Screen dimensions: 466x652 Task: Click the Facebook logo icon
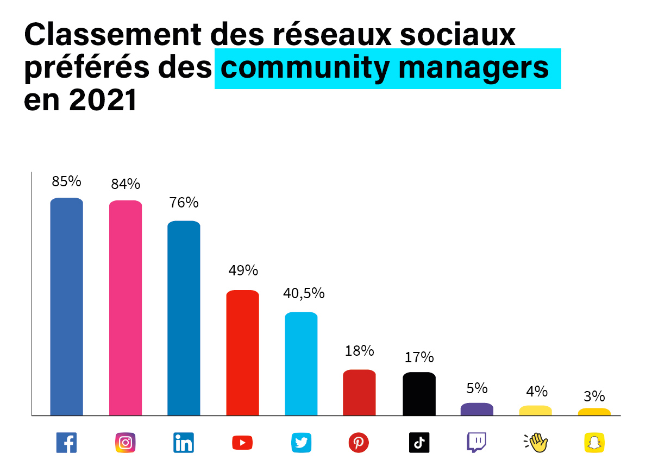click(x=66, y=443)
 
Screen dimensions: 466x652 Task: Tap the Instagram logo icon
click(x=126, y=443)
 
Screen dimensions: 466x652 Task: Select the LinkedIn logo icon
click(x=184, y=443)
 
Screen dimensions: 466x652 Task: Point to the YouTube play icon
click(x=242, y=443)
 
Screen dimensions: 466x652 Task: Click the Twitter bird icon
click(x=301, y=443)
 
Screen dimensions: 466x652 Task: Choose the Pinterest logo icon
click(x=359, y=443)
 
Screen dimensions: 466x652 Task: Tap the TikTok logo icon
click(x=419, y=443)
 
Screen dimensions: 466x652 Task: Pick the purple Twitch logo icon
click(x=477, y=443)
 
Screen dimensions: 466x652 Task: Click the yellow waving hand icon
click(x=535, y=443)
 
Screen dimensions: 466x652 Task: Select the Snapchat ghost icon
click(x=594, y=443)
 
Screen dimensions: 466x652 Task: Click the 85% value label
click(x=66, y=181)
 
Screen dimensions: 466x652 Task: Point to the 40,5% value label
click(x=304, y=293)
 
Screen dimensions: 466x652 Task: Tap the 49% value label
click(x=243, y=270)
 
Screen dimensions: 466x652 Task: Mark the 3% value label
click(x=594, y=396)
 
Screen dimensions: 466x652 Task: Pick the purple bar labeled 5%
click(x=477, y=409)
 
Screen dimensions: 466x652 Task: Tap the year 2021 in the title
click(x=102, y=100)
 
